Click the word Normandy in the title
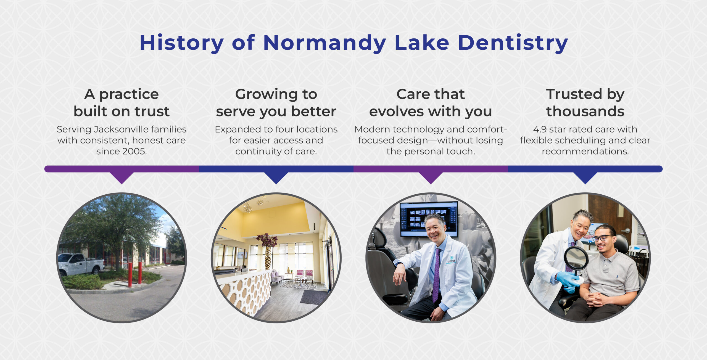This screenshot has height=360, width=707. [x=325, y=43]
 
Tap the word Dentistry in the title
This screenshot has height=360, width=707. [x=513, y=43]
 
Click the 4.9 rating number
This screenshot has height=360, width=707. [x=540, y=129]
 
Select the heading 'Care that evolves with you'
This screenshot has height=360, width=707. [x=431, y=103]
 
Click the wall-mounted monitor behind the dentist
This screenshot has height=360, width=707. [x=429, y=219]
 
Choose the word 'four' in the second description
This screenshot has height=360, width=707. [x=284, y=129]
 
